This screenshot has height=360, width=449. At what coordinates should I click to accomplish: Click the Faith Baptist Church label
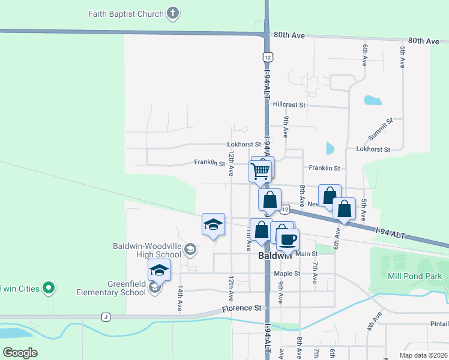(x=126, y=14)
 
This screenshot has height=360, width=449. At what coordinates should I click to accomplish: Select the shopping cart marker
(x=260, y=171)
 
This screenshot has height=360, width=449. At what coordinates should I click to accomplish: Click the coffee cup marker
(x=288, y=239)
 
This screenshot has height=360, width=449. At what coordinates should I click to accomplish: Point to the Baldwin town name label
(x=275, y=256)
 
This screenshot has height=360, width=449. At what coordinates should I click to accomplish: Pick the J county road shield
(x=106, y=317)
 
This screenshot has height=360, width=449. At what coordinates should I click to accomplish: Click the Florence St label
(x=242, y=308)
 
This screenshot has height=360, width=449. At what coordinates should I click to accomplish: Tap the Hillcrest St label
(x=289, y=104)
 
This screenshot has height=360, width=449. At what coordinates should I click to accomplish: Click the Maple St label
(x=287, y=274)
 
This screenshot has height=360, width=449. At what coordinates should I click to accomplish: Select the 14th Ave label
(x=179, y=298)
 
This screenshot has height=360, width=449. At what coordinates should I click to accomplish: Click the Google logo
(x=20, y=353)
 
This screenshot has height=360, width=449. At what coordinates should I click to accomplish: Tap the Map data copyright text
(x=421, y=355)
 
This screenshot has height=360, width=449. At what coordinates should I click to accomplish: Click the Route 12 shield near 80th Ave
(x=267, y=56)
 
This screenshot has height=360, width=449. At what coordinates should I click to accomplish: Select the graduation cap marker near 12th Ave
(x=213, y=224)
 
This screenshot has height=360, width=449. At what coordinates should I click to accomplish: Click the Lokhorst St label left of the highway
(x=244, y=145)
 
